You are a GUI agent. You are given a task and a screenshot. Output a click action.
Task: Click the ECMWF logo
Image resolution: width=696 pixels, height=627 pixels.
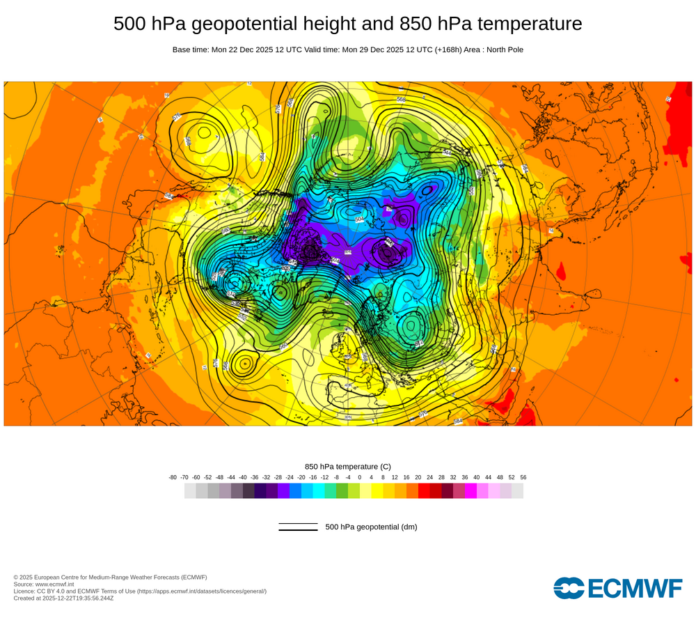(x=618, y=588)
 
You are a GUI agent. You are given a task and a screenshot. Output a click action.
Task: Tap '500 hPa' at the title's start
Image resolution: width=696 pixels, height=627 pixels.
(x=149, y=24)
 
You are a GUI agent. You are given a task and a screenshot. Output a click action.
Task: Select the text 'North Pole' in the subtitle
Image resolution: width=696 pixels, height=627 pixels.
(x=504, y=49)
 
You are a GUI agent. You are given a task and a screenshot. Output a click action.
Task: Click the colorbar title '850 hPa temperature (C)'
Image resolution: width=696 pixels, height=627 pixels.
(x=348, y=466)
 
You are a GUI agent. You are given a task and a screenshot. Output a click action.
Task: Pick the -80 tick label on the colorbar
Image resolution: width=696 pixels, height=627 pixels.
(x=173, y=477)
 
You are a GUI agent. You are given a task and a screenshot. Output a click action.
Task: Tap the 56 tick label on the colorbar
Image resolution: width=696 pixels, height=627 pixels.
(x=523, y=477)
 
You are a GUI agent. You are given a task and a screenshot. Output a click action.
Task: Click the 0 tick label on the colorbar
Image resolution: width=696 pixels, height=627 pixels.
(x=359, y=477)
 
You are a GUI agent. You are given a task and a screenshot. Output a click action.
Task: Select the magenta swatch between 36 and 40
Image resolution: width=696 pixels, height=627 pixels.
(x=470, y=490)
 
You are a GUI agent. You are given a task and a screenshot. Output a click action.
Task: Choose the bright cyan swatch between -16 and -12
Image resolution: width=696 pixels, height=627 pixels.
(x=319, y=490)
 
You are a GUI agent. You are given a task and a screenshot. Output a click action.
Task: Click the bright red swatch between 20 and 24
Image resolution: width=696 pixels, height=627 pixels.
(x=424, y=490)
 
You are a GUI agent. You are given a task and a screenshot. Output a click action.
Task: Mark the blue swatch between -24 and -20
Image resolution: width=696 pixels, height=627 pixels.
(x=295, y=490)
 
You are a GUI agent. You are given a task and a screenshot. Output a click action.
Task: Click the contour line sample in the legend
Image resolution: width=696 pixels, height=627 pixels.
(x=298, y=527)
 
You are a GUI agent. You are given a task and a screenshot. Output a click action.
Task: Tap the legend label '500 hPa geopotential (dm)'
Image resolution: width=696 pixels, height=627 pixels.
(x=371, y=527)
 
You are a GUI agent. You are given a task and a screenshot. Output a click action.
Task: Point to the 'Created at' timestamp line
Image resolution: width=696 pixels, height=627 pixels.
(x=63, y=598)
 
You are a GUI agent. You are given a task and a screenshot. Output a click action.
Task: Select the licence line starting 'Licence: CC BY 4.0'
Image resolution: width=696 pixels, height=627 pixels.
(x=139, y=591)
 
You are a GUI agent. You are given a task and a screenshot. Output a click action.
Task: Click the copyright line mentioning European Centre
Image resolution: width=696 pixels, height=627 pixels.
(x=110, y=577)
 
